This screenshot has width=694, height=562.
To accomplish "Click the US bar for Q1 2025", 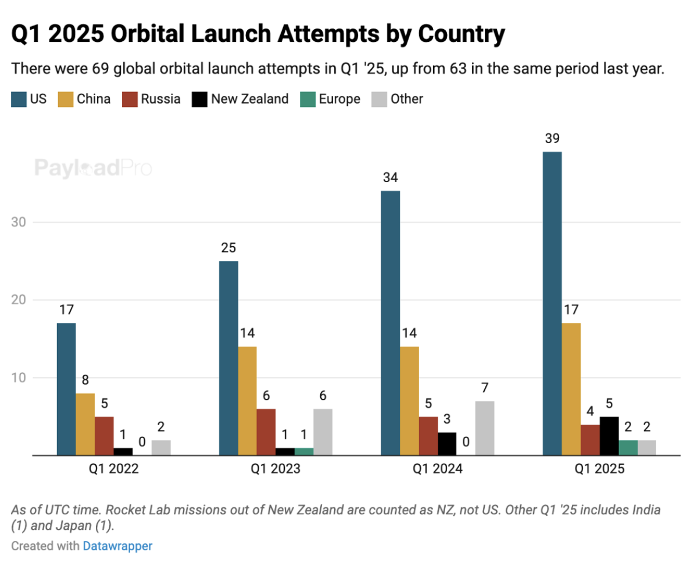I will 552,303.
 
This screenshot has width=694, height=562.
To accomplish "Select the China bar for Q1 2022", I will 85,424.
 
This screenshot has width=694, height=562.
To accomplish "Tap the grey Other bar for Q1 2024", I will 485,428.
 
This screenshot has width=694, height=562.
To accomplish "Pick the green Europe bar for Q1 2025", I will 628,447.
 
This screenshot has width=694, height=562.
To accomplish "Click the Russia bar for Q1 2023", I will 266,432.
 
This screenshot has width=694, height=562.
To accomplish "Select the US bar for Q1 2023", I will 228,358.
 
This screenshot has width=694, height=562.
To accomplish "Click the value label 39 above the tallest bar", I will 552,138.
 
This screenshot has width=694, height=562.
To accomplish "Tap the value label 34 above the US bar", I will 390,177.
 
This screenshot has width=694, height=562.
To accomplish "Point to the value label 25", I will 228,248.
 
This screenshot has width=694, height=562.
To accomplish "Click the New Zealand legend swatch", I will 199,99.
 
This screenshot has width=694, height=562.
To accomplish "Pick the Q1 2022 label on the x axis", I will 113,469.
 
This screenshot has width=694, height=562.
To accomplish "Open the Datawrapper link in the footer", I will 117,546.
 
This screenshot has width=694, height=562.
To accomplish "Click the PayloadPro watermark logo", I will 93,168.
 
